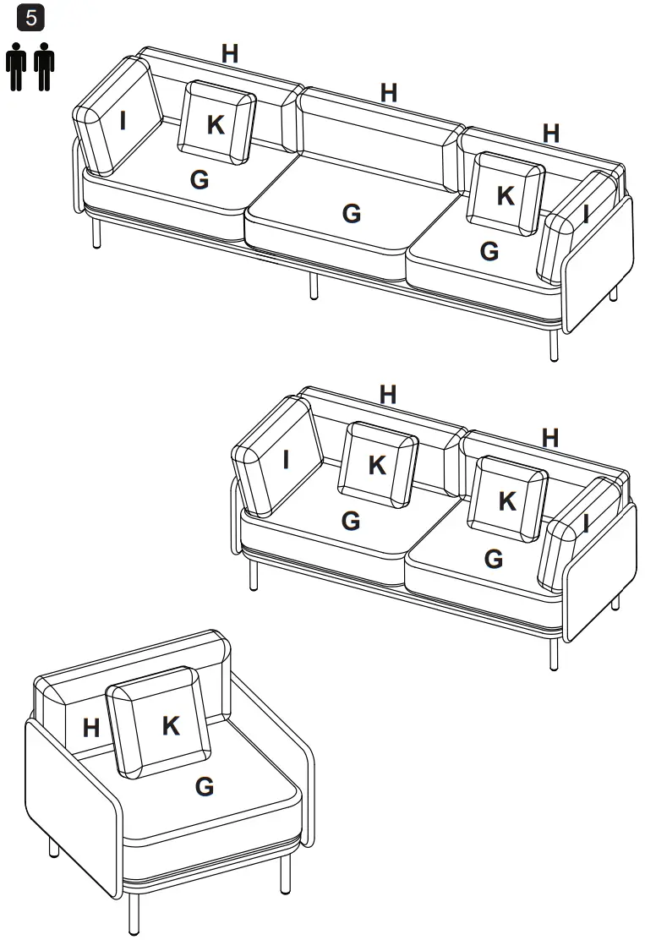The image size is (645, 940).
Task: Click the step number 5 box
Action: (32, 19)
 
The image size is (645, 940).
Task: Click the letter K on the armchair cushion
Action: (171, 725)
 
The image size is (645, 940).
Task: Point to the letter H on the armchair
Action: (91, 728)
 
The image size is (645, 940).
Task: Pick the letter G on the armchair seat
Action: (204, 787)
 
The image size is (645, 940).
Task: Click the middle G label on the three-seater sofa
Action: (351, 214)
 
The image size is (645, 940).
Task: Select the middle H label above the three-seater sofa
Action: (388, 93)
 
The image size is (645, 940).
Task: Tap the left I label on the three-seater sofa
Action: (123, 121)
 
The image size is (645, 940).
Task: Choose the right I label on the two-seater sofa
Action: (585, 525)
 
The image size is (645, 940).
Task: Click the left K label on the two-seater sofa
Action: (377, 465)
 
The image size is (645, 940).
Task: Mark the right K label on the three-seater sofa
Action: (506, 195)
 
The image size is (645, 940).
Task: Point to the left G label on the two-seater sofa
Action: (350, 522)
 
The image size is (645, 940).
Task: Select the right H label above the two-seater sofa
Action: (549, 437)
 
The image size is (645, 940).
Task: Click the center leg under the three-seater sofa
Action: (314, 286)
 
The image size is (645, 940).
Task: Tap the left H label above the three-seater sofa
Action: (229, 53)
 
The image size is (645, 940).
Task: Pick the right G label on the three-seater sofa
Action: (489, 251)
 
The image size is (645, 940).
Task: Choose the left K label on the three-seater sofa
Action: (216, 124)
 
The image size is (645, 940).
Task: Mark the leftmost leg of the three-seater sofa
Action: (96, 233)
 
